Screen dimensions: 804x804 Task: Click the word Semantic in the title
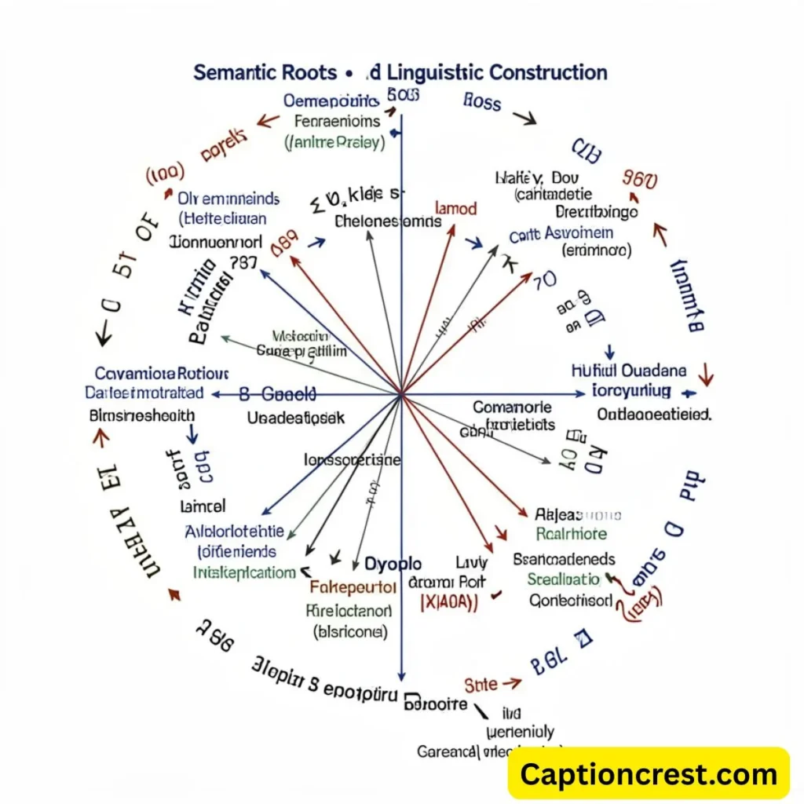coord(234,73)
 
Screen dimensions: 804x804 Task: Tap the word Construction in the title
coord(548,73)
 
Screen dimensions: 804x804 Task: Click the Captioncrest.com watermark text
coord(649,775)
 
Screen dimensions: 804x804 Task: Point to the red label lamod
coord(455,209)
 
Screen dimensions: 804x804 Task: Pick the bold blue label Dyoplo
coord(393,564)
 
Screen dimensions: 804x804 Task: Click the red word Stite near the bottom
coord(481,684)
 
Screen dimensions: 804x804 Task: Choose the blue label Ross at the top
coord(482,101)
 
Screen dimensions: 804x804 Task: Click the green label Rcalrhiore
coord(571,534)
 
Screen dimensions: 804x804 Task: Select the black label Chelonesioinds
coord(388,221)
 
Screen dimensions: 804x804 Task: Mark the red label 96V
coord(639,180)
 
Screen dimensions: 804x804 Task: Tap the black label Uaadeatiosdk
coord(295,418)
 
